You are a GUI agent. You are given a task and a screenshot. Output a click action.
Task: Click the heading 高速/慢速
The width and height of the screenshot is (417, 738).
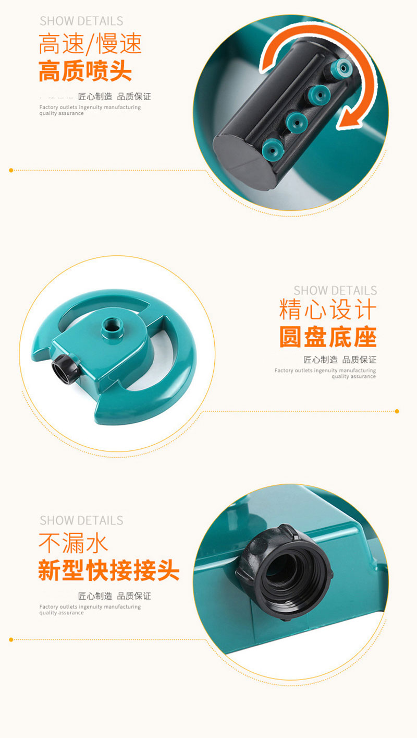click(x=90, y=43)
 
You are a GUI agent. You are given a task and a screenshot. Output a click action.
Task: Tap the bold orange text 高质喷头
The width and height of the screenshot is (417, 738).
click(x=85, y=71)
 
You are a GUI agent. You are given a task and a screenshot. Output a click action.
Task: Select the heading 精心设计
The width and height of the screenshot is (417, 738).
click(x=327, y=309)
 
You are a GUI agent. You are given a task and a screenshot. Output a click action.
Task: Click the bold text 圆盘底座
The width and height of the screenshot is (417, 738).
click(x=328, y=337)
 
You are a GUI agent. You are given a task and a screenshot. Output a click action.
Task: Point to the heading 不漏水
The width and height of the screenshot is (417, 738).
click(x=73, y=543)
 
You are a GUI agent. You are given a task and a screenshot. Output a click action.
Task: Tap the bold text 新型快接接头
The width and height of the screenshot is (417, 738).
click(x=108, y=570)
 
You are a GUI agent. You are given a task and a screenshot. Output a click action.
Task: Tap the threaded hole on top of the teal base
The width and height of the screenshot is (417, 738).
click(x=112, y=327)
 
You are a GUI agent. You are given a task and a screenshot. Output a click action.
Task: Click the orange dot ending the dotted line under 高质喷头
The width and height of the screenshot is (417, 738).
click(x=11, y=170)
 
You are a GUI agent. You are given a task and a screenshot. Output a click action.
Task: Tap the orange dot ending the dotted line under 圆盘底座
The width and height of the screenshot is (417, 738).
click(x=397, y=411)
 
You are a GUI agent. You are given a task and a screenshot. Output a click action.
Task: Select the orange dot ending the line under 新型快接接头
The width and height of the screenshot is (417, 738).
click(x=11, y=639)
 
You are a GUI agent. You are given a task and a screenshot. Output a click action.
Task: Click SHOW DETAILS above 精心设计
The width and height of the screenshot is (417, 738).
click(x=335, y=290)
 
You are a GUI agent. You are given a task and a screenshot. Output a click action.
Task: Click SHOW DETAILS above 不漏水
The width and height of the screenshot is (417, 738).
click(x=81, y=520)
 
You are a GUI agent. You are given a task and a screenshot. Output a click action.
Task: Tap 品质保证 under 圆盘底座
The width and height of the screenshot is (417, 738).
click(x=359, y=360)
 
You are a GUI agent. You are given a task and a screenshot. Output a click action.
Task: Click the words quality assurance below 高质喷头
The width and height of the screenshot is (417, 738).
click(x=62, y=113)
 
